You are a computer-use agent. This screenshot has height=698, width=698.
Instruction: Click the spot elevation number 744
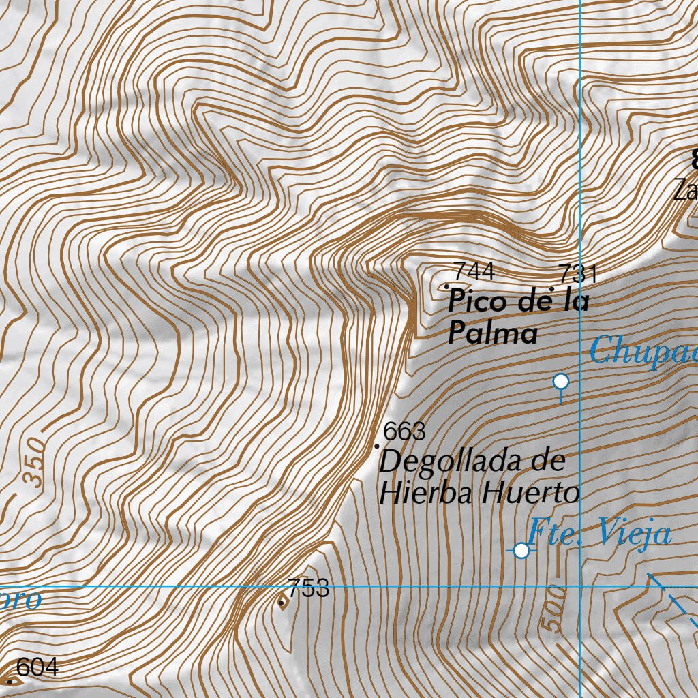(x=474, y=271)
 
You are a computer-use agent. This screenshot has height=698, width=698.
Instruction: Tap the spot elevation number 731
(x=577, y=274)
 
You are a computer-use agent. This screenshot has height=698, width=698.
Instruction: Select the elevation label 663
(x=404, y=431)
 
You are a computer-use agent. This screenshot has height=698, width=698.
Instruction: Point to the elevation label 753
(x=308, y=588)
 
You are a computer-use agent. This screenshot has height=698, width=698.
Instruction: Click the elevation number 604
(x=37, y=667)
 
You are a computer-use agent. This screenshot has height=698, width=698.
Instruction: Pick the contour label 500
(x=553, y=608)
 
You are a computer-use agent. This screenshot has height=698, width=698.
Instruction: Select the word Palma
(x=492, y=334)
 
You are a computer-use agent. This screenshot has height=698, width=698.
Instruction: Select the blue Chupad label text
(x=643, y=352)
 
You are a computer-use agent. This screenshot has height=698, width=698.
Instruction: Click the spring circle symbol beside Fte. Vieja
(x=521, y=550)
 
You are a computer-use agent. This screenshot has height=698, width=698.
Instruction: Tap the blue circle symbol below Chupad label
(x=561, y=382)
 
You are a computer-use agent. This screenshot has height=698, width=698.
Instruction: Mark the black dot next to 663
(x=377, y=446)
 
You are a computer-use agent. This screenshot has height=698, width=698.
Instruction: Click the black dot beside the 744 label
(x=447, y=286)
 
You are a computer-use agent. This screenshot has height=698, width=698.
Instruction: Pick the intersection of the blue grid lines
(x=580, y=586)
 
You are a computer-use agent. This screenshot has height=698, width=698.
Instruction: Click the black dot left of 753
(x=282, y=603)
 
